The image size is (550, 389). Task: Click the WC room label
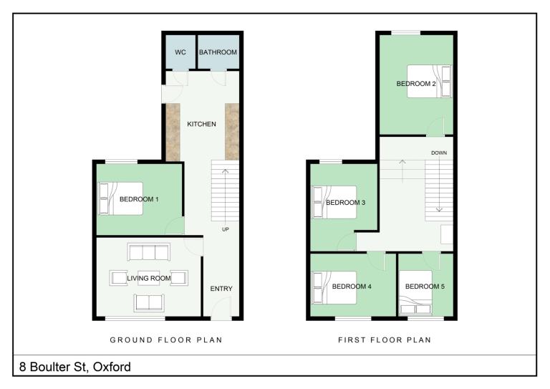(x=180, y=52)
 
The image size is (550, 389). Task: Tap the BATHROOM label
(x=218, y=52)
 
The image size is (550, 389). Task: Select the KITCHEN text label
(x=201, y=124)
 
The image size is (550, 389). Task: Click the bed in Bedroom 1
(x=120, y=198)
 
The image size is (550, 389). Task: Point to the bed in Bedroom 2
(x=429, y=81)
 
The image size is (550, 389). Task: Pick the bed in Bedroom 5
(x=415, y=292)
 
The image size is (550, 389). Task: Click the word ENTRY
(x=221, y=288)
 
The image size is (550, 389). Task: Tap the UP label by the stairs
(x=225, y=229)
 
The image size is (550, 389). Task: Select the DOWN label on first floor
(x=439, y=153)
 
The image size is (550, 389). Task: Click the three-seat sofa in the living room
(x=149, y=252)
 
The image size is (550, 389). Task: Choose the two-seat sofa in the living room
(x=149, y=303)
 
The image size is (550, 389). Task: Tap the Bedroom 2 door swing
(x=435, y=127)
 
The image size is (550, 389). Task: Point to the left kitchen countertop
(x=173, y=132)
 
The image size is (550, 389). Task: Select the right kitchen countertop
(x=232, y=132)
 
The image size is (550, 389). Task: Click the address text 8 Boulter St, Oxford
(x=75, y=367)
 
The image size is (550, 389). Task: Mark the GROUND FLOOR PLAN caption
(x=166, y=340)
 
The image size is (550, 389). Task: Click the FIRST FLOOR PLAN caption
(x=385, y=340)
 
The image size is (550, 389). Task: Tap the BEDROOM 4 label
(x=352, y=287)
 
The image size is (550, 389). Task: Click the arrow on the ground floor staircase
(x=225, y=195)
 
